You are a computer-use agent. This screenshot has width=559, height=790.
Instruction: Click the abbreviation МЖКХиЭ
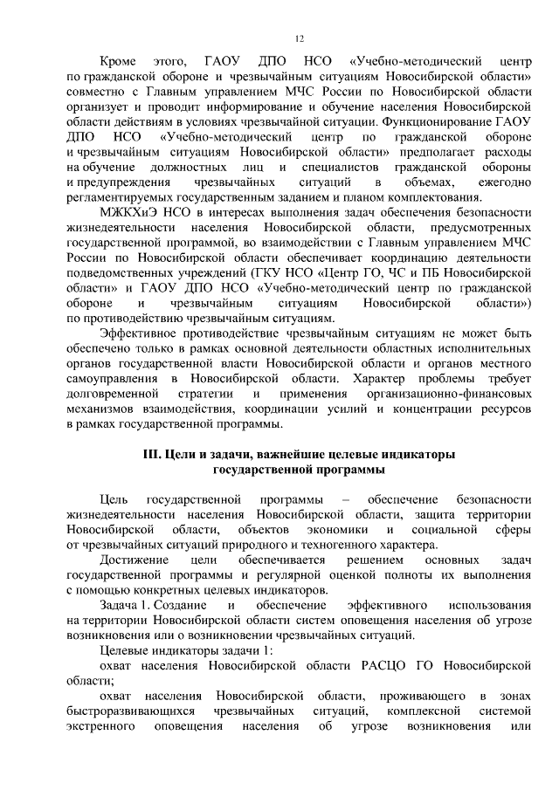(x=129, y=212)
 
